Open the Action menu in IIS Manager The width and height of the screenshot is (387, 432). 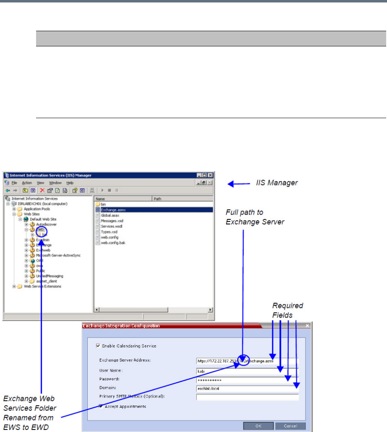tap(27, 183)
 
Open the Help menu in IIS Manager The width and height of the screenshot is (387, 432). tap(70, 183)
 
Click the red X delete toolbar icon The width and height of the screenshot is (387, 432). tap(42, 190)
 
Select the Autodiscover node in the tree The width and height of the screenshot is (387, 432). tap(46, 224)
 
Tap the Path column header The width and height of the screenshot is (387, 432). tap(157, 199)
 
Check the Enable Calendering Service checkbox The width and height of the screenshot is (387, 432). tap(98, 346)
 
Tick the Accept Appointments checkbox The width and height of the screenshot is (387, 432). tap(101, 407)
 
